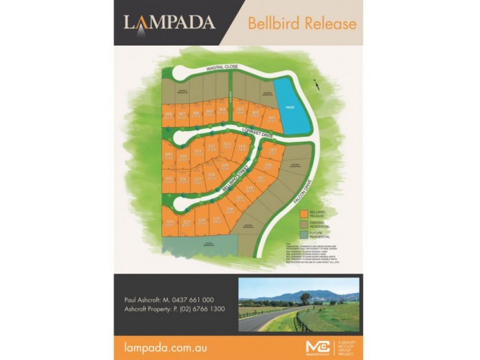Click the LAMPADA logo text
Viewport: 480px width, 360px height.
click(x=169, y=23)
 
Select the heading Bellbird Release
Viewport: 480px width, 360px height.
click(x=302, y=23)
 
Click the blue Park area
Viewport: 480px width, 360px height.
click(x=292, y=108)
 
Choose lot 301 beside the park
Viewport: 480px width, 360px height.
click(x=271, y=118)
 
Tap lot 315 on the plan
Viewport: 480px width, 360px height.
click(x=273, y=151)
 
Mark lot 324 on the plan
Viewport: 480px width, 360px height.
click(x=170, y=223)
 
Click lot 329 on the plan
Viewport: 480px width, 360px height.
click(x=225, y=166)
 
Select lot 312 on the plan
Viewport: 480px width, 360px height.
click(x=211, y=146)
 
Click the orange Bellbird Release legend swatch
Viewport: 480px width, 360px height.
click(x=304, y=213)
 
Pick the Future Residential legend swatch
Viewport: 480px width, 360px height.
click(x=304, y=233)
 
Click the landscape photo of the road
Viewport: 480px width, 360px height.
click(x=298, y=304)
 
